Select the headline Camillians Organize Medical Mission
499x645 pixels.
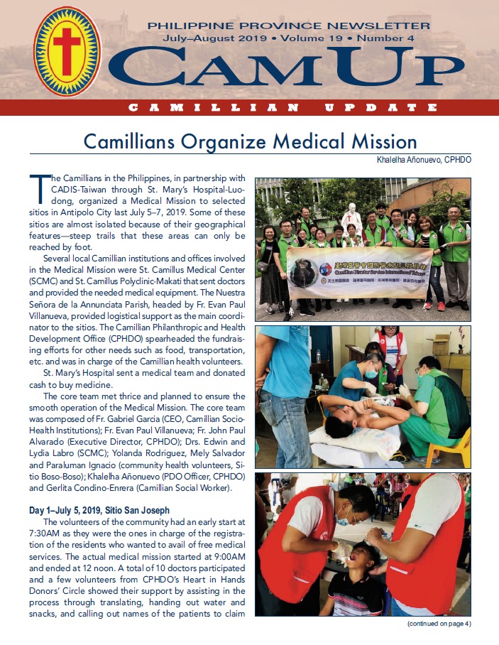(250, 140)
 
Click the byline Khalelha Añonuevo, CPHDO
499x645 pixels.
(424, 160)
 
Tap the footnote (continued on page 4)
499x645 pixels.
(439, 624)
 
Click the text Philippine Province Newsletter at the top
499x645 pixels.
(298, 26)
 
